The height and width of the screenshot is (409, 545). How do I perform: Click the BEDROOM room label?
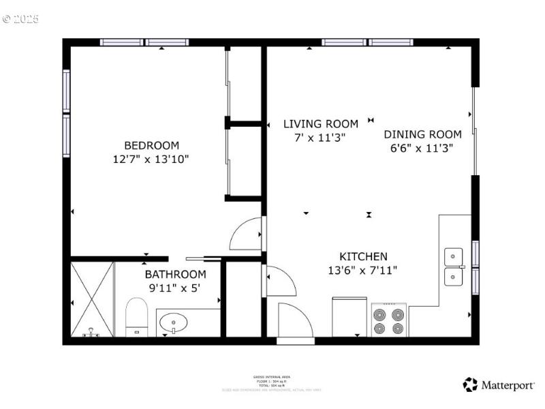point(151,145)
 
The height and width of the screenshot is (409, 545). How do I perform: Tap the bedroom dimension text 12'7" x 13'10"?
point(151,159)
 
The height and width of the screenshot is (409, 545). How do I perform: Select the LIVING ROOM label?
point(320,124)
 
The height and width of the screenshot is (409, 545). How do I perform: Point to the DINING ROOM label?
point(422,134)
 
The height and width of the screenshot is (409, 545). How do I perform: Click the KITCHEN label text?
point(363,257)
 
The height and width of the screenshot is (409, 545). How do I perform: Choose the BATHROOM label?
point(175,275)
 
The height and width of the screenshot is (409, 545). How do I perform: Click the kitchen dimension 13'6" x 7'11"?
point(362,270)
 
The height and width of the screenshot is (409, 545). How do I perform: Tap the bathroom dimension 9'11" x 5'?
point(175,288)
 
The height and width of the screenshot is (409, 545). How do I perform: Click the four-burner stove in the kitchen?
point(389,320)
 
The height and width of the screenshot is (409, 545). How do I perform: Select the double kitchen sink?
point(454,267)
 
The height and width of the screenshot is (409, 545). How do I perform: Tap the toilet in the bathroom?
point(137,318)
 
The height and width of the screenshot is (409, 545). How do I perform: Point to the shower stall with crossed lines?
point(92,299)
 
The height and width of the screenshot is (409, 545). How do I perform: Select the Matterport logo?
point(499,384)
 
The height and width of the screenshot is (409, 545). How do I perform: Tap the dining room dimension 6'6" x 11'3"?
point(422,147)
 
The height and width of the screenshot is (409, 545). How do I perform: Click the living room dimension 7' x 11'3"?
point(320,137)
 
